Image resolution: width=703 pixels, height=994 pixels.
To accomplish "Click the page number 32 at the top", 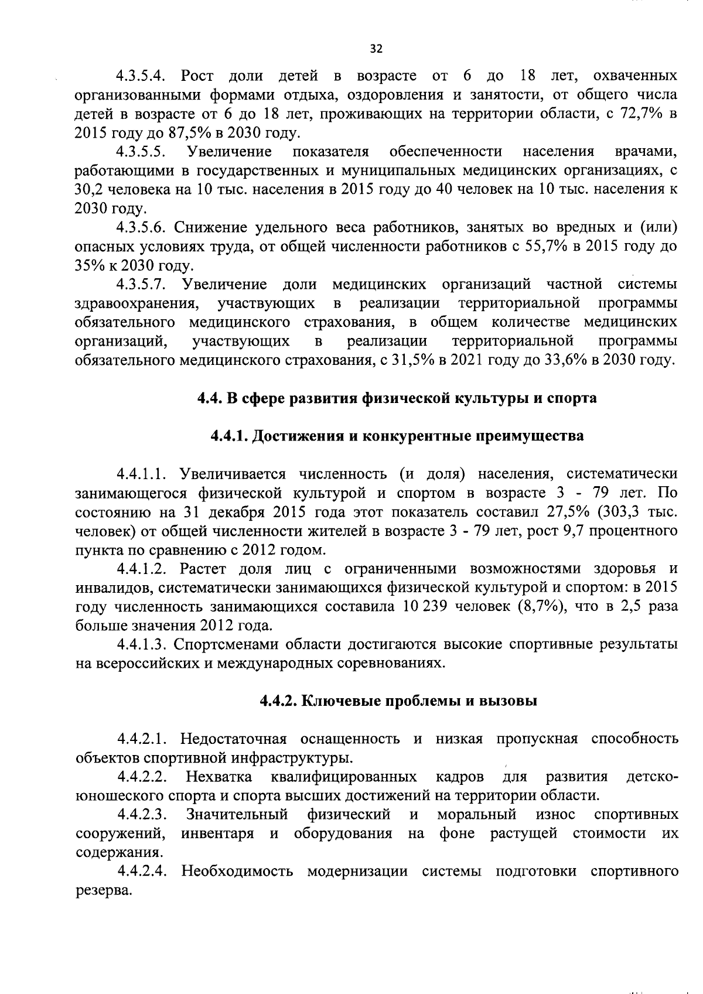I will point(376,49).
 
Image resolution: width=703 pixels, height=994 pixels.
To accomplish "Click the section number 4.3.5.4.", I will point(143,76).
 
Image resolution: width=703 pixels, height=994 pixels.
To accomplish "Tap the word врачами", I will point(646,152).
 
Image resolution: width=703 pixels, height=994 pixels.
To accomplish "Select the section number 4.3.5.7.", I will point(143,285).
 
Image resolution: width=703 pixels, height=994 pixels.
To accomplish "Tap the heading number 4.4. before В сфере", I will point(209,398).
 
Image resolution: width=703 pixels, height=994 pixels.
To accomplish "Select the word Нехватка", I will point(219,777).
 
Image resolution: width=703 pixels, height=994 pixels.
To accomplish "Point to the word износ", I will point(555,815).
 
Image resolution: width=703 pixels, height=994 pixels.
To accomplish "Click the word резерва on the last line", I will point(103,891).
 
